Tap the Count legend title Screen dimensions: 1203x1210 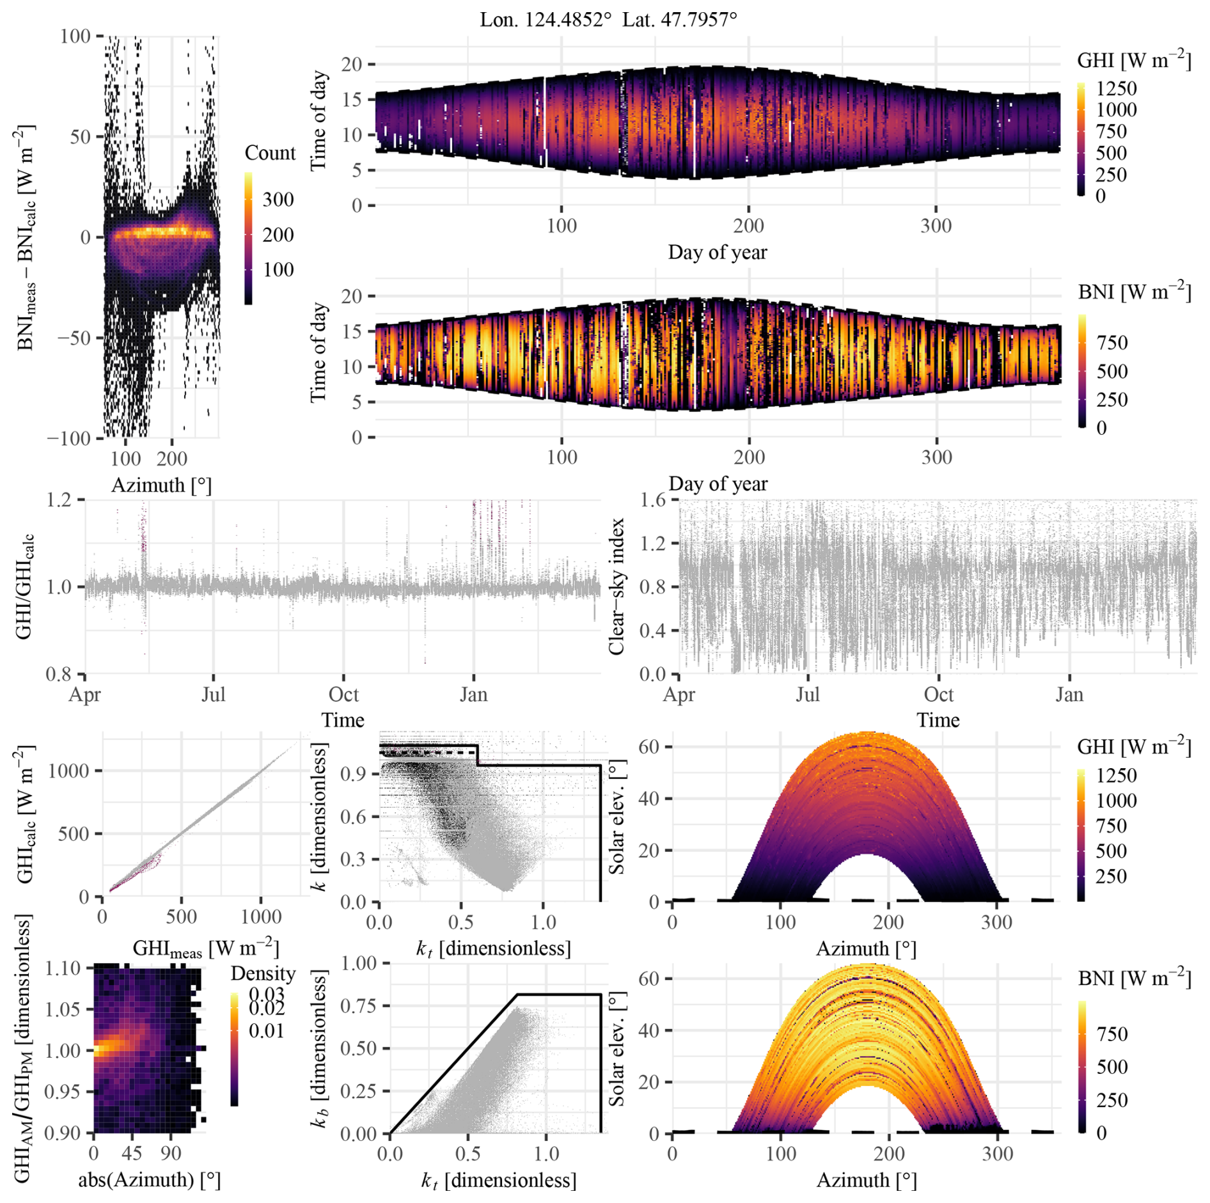pyautogui.click(x=270, y=153)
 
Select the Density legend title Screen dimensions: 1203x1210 pyautogui.click(x=263, y=973)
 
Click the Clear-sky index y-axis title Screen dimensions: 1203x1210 pyautogui.click(x=617, y=586)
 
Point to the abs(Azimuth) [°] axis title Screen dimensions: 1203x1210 pyautogui.click(x=150, y=1179)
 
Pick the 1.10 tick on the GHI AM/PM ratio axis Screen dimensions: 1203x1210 pyautogui.click(x=63, y=968)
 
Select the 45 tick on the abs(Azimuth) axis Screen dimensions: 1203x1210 pyautogui.click(x=132, y=1153)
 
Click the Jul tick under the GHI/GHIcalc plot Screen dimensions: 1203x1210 pyautogui.click(x=214, y=695)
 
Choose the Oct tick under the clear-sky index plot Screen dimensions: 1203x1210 pyautogui.click(x=938, y=695)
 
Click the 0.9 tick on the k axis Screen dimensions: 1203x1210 pyautogui.click(x=352, y=773)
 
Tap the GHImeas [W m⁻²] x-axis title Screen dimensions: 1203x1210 pyautogui.click(x=206, y=948)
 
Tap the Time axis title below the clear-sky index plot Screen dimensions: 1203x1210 pyautogui.click(x=938, y=720)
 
